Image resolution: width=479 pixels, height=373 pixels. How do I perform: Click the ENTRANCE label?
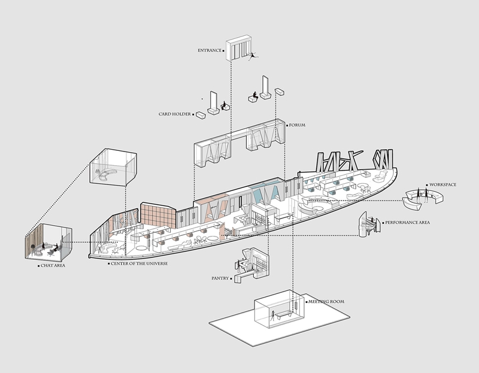(x=209, y=50)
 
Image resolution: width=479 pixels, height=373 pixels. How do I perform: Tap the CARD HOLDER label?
(x=174, y=114)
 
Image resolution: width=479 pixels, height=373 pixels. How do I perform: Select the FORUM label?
(x=297, y=125)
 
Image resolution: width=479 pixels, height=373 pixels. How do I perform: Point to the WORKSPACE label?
(x=442, y=184)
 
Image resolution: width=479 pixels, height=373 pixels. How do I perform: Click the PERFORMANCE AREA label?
(x=407, y=222)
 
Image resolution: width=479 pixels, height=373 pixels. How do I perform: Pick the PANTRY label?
(x=220, y=278)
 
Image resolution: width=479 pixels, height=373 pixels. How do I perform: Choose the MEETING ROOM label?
(x=326, y=302)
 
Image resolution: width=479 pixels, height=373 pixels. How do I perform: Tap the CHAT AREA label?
(x=53, y=265)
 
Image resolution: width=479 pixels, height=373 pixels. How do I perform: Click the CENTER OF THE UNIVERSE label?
(x=139, y=263)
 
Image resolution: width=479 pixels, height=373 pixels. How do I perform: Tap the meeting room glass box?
(x=280, y=308)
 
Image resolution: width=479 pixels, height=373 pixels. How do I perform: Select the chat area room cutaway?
(x=48, y=242)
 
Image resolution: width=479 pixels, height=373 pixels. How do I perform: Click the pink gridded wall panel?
(x=158, y=216)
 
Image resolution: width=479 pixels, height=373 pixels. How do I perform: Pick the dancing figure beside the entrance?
(x=253, y=56)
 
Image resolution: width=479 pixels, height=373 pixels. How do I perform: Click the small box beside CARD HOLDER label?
(x=201, y=115)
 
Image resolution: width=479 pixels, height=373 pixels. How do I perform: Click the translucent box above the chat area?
(x=113, y=167)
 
